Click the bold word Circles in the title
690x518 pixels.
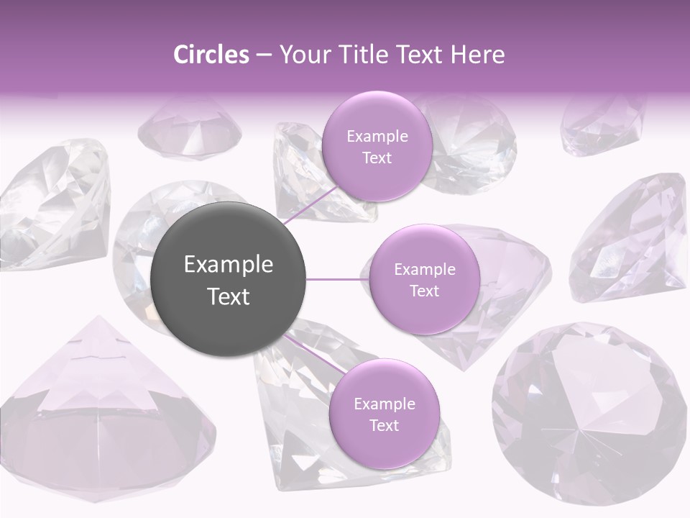[x=211, y=55]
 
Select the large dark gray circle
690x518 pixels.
[x=229, y=279]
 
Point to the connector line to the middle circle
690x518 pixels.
[x=337, y=278]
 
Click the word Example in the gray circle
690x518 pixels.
[x=229, y=265]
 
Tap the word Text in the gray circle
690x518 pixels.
[x=229, y=296]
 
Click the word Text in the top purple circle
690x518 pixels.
[x=377, y=158]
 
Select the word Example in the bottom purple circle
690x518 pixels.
[x=384, y=404]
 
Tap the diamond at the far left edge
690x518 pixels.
[x=50, y=205]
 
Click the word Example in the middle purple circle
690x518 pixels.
[x=424, y=270]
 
